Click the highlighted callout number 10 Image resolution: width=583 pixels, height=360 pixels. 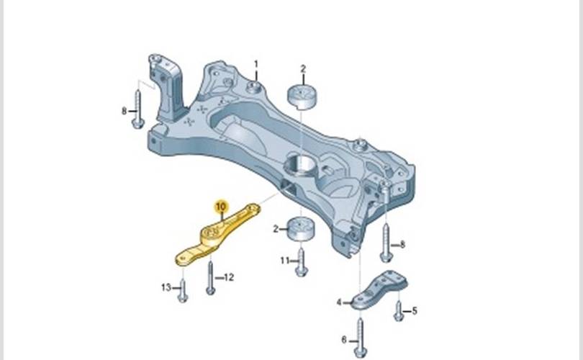221,206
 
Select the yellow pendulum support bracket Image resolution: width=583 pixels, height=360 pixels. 216,235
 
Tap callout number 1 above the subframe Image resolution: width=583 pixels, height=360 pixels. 256,64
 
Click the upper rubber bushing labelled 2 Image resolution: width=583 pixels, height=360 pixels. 302,97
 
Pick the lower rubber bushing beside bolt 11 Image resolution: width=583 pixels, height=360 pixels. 301,230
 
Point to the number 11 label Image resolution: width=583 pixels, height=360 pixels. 285,261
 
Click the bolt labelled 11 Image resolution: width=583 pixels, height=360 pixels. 301,262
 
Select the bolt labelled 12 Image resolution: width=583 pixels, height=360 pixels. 210,278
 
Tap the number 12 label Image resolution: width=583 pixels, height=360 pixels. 229,277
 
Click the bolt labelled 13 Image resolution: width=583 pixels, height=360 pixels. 183,290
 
